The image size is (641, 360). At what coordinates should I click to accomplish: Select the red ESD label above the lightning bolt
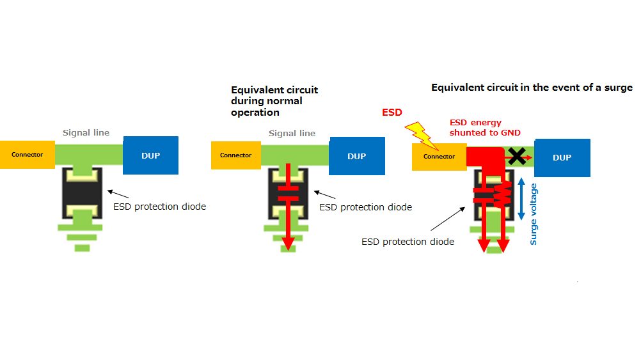392,113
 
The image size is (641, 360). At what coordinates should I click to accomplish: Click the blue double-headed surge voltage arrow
521,199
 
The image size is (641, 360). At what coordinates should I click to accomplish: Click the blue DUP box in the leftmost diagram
151,155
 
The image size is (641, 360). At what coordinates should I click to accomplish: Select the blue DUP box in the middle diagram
356,156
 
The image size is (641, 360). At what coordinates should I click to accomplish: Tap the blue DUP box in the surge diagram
562,158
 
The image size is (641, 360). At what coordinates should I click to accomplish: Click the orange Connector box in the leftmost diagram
27,155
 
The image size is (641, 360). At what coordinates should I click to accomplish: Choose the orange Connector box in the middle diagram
236,155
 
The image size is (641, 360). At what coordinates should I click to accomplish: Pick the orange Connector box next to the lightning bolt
439,157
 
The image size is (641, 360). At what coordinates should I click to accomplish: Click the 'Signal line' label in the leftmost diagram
86,133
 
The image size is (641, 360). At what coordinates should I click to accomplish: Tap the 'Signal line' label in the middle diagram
292,134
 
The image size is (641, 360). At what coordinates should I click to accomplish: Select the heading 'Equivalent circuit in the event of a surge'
532,88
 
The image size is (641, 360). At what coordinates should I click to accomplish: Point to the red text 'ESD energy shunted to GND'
484,127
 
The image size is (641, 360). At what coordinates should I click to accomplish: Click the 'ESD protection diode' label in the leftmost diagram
159,207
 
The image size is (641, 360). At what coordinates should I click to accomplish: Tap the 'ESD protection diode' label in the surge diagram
408,242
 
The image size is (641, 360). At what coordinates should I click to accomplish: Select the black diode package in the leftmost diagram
82,194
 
